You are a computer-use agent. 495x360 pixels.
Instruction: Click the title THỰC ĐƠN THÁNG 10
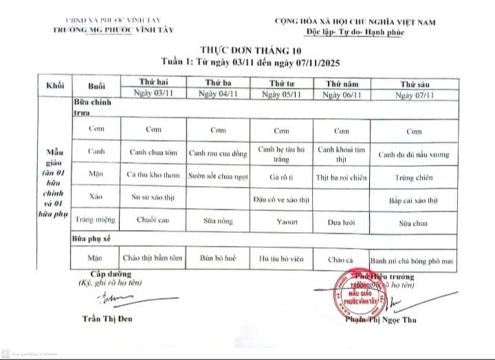point(250,51)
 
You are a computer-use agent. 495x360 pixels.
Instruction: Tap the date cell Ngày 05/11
point(280,94)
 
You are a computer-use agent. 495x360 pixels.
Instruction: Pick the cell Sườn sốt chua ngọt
point(218,176)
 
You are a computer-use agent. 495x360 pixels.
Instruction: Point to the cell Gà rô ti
point(280,177)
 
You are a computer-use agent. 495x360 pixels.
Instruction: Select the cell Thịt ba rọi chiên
point(341,177)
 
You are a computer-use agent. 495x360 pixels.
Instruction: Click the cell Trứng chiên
point(413,178)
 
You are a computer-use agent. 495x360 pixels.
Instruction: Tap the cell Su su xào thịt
point(154,199)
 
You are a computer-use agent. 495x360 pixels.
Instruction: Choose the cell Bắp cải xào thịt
point(413,201)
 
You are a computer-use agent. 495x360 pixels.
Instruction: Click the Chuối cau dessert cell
point(154,222)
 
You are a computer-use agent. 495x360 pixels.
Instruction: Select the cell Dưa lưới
point(341,223)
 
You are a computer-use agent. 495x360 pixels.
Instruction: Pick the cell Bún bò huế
point(218,259)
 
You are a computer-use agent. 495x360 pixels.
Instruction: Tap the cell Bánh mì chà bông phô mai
point(414,260)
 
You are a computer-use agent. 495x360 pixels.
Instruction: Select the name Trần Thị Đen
point(107,318)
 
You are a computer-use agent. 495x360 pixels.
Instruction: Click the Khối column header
point(55,87)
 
